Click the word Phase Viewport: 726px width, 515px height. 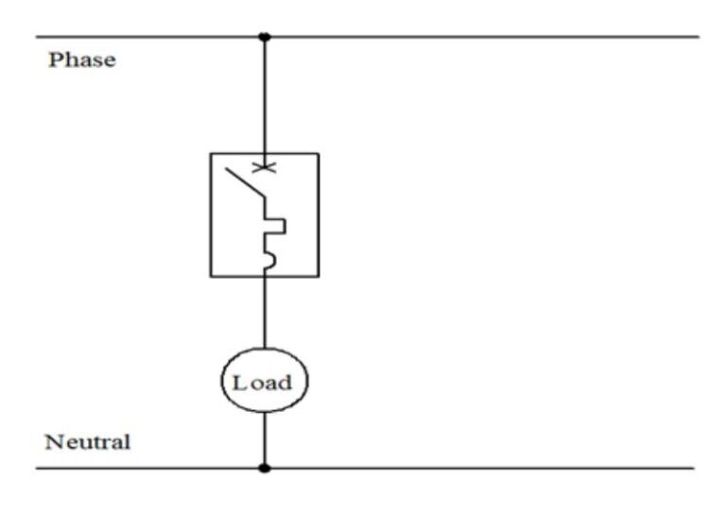(x=81, y=60)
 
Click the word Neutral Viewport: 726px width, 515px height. (x=87, y=442)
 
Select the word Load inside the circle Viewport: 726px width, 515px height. (x=264, y=384)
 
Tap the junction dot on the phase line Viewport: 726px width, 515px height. (x=264, y=37)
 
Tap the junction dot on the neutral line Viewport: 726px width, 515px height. (x=264, y=468)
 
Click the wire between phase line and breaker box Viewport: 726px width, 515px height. (x=264, y=94)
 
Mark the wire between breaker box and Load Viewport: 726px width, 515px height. (x=264, y=312)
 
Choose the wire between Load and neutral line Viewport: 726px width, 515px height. (x=264, y=439)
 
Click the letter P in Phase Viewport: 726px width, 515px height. (x=55, y=60)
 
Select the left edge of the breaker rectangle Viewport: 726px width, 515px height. (x=210, y=215)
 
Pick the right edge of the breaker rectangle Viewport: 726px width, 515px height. (x=319, y=215)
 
